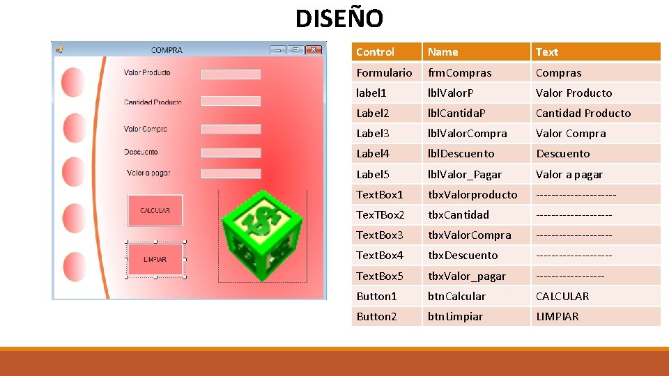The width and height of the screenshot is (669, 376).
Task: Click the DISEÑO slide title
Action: click(x=339, y=18)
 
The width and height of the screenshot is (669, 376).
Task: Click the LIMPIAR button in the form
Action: click(x=155, y=259)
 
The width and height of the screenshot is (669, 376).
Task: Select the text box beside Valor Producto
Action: click(x=231, y=74)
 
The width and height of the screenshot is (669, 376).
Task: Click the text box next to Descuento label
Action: click(x=231, y=152)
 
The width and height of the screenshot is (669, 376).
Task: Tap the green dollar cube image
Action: click(x=262, y=235)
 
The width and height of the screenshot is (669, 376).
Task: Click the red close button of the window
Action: click(x=315, y=50)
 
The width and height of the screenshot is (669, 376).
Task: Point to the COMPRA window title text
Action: click(x=167, y=50)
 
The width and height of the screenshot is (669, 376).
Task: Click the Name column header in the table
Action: click(x=443, y=52)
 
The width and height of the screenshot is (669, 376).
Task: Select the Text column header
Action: click(x=547, y=52)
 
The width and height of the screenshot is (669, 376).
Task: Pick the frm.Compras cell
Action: click(x=460, y=72)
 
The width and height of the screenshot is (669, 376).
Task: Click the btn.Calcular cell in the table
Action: click(x=457, y=296)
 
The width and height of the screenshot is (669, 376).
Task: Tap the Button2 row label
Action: click(x=376, y=316)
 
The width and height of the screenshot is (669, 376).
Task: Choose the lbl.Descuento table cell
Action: click(x=461, y=153)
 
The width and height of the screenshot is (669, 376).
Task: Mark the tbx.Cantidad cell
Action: click(x=459, y=214)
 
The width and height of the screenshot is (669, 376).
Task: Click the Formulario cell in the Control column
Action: click(x=384, y=72)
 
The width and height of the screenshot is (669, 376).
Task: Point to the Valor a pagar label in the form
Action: click(x=148, y=173)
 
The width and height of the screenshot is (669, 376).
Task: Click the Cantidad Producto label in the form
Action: click(x=153, y=102)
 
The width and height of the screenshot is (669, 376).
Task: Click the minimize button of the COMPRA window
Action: click(x=278, y=50)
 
